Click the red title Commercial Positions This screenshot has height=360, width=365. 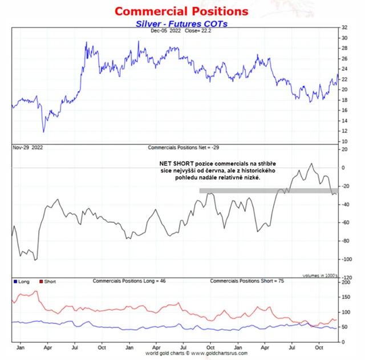[181, 11]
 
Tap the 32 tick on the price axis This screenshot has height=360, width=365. [344, 27]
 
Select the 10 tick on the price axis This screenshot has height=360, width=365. [344, 141]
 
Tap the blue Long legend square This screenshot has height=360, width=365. [15, 282]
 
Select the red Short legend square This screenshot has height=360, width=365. [41, 282]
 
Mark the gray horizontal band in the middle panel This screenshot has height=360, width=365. [268, 191]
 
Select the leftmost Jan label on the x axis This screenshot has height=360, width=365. [21, 346]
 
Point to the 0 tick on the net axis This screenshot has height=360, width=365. [343, 168]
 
